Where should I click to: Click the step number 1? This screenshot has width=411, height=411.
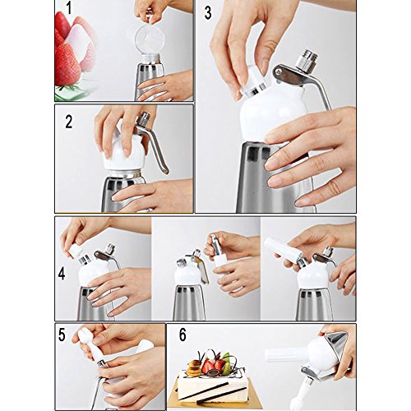tap(68, 9)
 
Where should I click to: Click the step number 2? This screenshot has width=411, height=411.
tap(69, 122)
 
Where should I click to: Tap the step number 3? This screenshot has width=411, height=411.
tap(208, 13)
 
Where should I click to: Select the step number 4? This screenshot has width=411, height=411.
tap(62, 274)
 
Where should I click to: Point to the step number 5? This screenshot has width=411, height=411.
tap(62, 335)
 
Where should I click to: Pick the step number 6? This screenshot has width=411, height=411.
tap(182, 335)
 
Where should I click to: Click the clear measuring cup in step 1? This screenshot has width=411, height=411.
tap(150, 39)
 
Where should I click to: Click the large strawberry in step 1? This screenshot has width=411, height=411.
tap(67, 64)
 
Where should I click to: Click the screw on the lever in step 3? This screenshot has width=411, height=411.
tap(279, 72)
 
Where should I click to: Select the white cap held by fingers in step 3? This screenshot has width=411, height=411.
tap(253, 81)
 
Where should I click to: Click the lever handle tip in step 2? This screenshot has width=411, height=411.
tap(165, 170)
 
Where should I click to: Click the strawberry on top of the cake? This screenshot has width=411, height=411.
tap(208, 367)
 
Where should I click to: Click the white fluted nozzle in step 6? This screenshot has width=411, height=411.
tap(285, 355)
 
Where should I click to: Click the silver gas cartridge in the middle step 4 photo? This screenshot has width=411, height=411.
tap(216, 244)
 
